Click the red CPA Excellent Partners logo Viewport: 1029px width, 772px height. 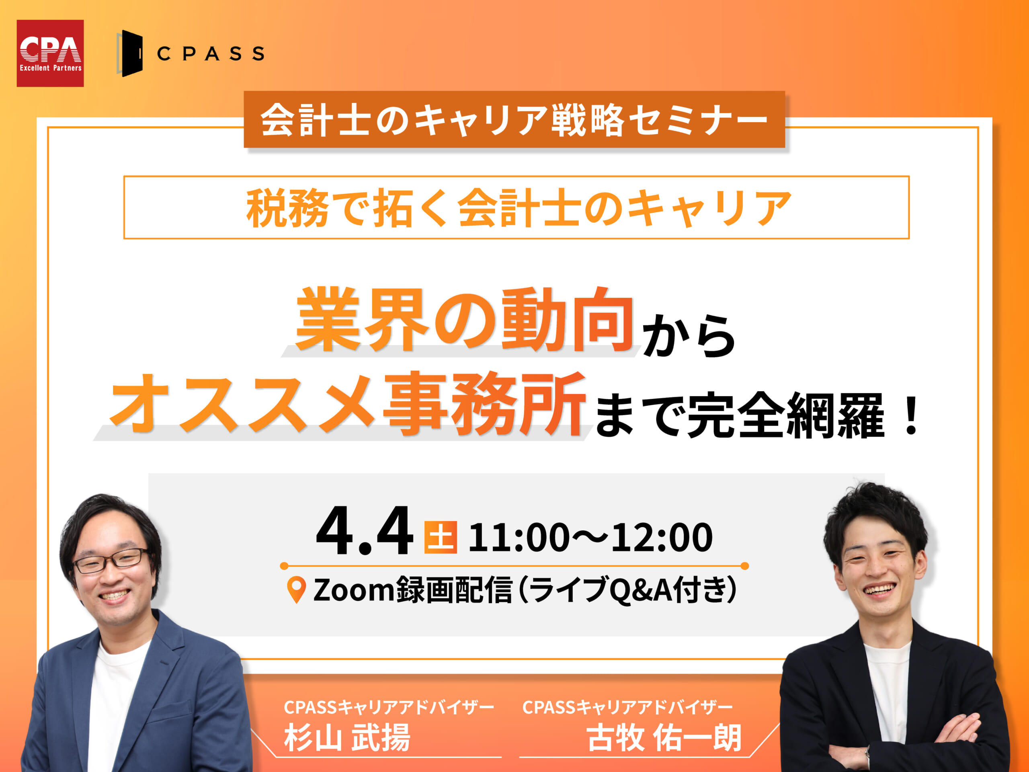click(x=50, y=53)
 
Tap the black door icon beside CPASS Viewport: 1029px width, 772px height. click(x=130, y=53)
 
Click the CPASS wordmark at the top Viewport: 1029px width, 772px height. click(x=211, y=53)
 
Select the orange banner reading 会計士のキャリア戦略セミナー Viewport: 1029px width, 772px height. click(x=514, y=119)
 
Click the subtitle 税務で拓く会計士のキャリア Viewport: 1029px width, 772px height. click(x=519, y=208)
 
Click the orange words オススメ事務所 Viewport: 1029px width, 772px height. click(x=347, y=404)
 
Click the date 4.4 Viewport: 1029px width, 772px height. click(x=364, y=532)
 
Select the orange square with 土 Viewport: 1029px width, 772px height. click(x=441, y=538)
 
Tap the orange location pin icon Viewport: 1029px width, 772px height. click(x=296, y=589)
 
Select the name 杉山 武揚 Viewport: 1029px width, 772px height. click(x=347, y=737)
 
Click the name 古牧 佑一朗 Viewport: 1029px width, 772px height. click(x=664, y=737)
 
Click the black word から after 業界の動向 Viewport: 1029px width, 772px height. click(x=689, y=335)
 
